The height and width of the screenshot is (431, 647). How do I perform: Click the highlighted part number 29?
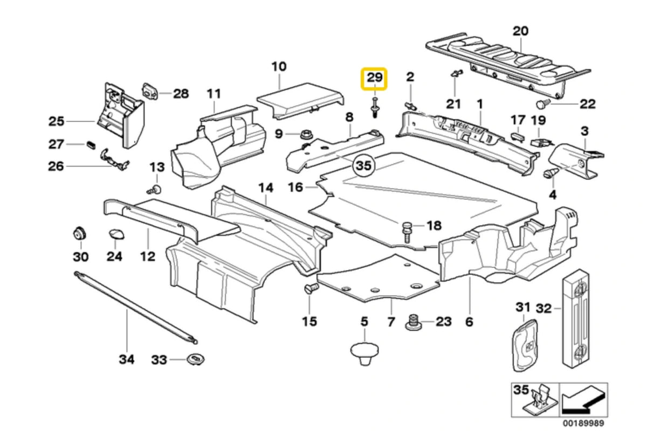(374, 79)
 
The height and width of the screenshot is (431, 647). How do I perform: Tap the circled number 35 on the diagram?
(365, 165)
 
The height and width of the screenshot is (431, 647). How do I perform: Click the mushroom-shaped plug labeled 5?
(364, 353)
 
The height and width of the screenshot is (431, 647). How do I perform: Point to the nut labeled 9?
(305, 134)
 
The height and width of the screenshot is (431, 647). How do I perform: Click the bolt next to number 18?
(407, 230)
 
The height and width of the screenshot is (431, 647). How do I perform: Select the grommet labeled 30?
(80, 234)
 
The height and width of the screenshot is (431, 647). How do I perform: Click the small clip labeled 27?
(91, 144)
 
